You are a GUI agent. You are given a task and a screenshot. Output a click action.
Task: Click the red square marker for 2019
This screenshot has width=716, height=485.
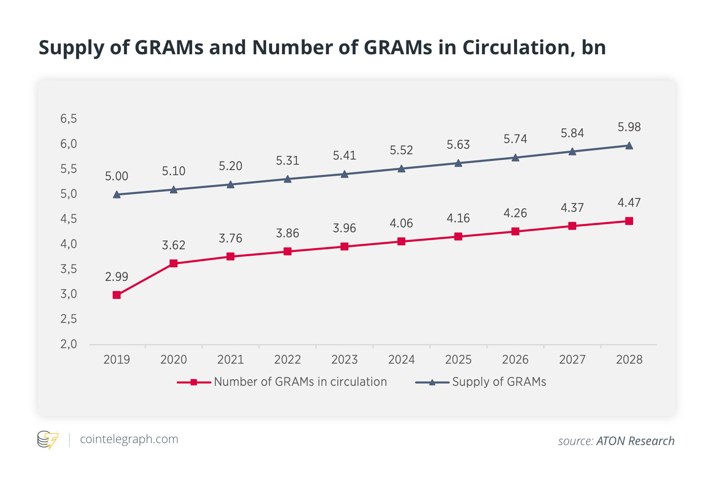pyautogui.click(x=117, y=295)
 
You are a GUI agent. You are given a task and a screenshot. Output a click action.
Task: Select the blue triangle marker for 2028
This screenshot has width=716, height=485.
pyautogui.click(x=629, y=146)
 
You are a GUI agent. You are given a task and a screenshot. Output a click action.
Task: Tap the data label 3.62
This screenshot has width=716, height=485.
pyautogui.click(x=173, y=245)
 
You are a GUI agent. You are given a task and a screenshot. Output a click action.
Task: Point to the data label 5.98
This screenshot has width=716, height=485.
pyautogui.click(x=629, y=127)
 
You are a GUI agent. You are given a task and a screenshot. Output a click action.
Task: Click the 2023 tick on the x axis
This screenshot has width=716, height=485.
pyautogui.click(x=344, y=360)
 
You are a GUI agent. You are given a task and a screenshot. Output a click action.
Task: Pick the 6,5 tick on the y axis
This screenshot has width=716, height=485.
pyautogui.click(x=69, y=119)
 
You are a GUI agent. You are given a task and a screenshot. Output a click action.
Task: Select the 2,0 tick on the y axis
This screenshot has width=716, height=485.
pyautogui.click(x=69, y=344)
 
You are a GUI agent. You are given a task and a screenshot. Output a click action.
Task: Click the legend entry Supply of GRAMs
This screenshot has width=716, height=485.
pyautogui.click(x=499, y=382)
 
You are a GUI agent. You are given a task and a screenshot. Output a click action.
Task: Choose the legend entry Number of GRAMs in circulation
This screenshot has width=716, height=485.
pyautogui.click(x=300, y=382)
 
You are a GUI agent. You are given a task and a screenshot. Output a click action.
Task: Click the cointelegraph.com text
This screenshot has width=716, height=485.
pyautogui.click(x=129, y=439)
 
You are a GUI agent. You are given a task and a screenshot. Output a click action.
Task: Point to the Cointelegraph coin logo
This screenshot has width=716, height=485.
pyautogui.click(x=48, y=439)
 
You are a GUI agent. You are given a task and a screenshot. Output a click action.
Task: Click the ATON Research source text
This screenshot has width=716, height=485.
pyautogui.click(x=635, y=441)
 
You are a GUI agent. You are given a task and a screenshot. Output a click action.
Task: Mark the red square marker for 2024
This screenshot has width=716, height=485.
pyautogui.click(x=401, y=241)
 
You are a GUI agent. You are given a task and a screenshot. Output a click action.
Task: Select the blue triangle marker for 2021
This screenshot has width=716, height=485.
pyautogui.click(x=231, y=184)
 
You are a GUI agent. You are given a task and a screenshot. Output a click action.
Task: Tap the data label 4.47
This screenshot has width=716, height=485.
pyautogui.click(x=629, y=203)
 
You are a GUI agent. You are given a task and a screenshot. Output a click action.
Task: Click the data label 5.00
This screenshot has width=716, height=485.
pyautogui.click(x=117, y=177)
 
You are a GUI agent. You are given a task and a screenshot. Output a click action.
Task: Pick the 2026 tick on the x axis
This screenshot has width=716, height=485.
pyautogui.click(x=515, y=360)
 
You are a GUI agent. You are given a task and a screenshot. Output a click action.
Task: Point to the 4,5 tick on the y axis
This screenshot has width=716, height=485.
pyautogui.click(x=69, y=219)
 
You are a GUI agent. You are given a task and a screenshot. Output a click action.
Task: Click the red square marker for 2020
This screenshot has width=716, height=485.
pyautogui.click(x=173, y=263)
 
